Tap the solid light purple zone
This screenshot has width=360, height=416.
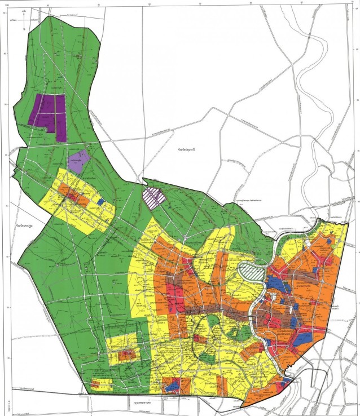coord(80,160)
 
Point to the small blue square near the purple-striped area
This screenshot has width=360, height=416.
coord(101,201)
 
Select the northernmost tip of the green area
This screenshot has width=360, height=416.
coord(46,17)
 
